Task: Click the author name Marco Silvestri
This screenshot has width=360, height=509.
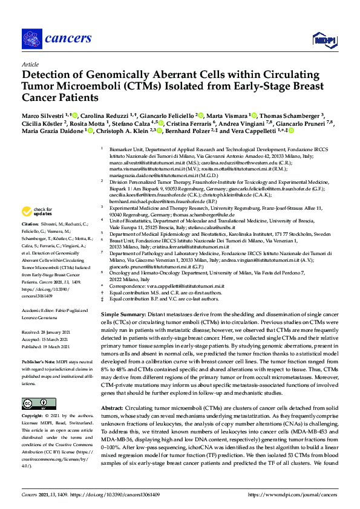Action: click(41, 115)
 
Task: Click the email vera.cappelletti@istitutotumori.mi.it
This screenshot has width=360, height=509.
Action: click(186, 286)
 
